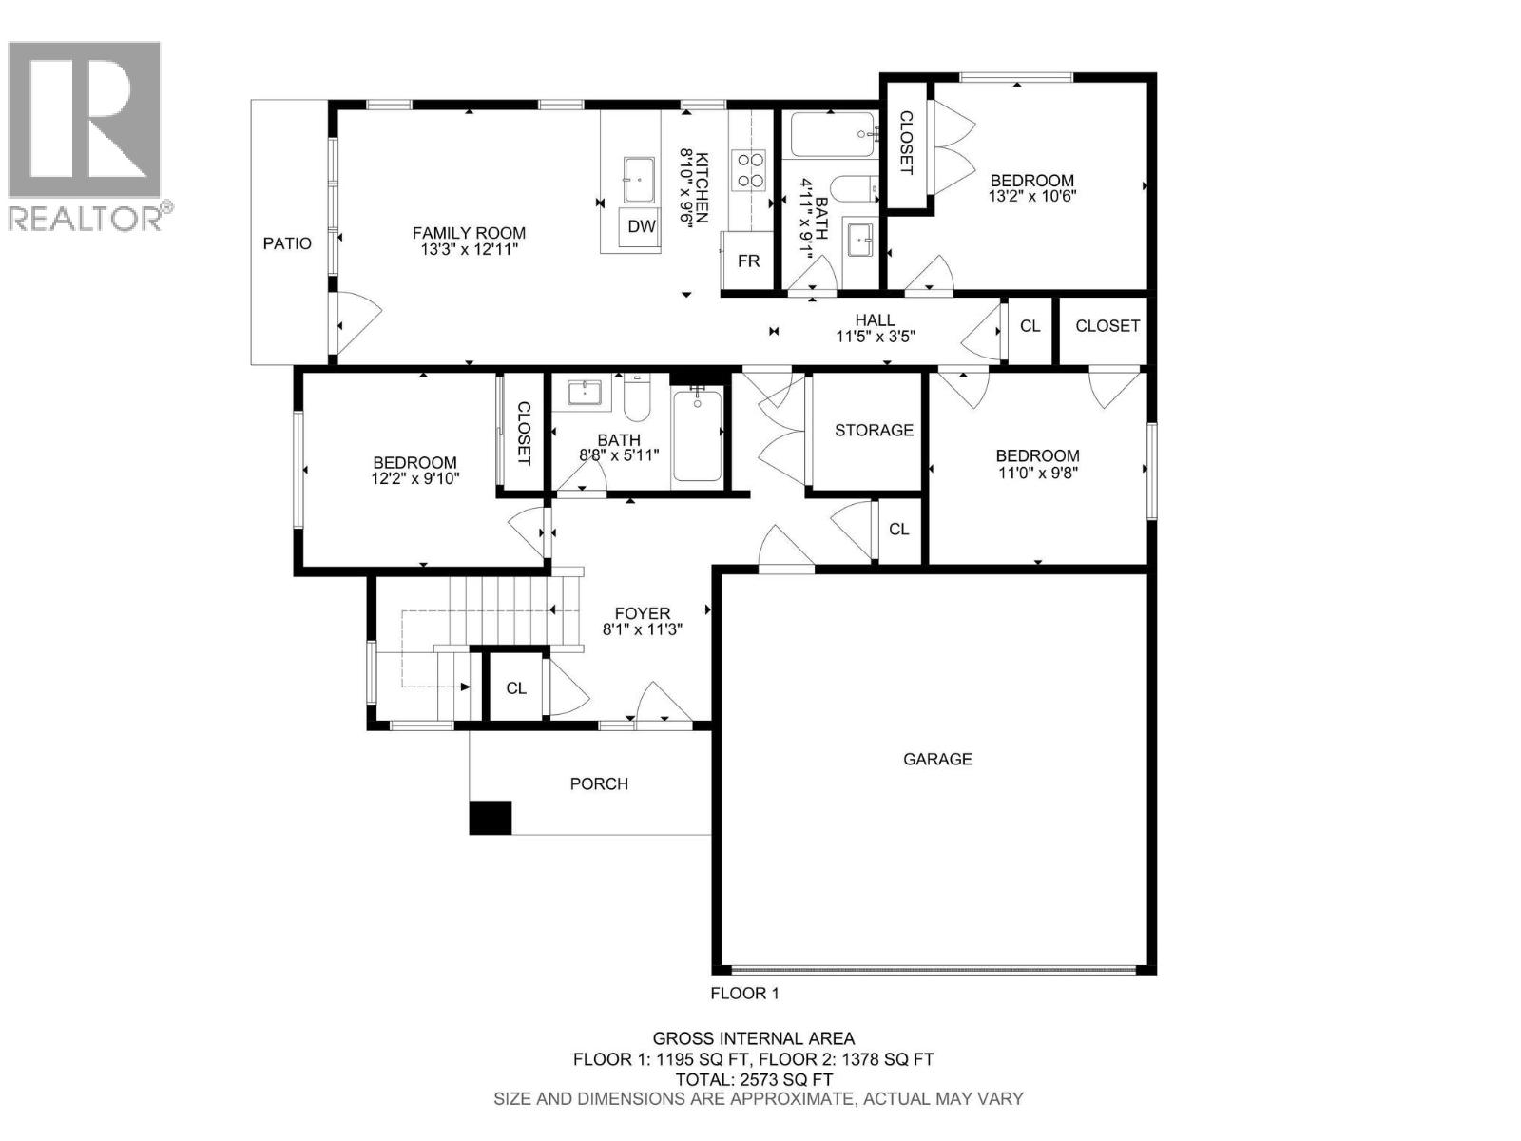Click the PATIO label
[287, 243]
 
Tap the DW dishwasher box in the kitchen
[641, 226]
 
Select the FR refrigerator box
[748, 261]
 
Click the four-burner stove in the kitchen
[748, 170]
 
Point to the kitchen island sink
[638, 179]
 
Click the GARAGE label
[937, 760]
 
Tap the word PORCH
[599, 784]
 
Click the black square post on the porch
[490, 818]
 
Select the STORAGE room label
[873, 430]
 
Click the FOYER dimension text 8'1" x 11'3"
[643, 629]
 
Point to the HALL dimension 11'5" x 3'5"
[876, 337]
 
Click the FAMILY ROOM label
[469, 234]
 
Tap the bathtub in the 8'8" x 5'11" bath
[697, 435]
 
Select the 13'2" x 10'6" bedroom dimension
[1031, 196]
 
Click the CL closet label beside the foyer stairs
[515, 688]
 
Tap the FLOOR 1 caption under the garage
[744, 994]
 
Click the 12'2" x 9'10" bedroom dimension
[415, 478]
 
